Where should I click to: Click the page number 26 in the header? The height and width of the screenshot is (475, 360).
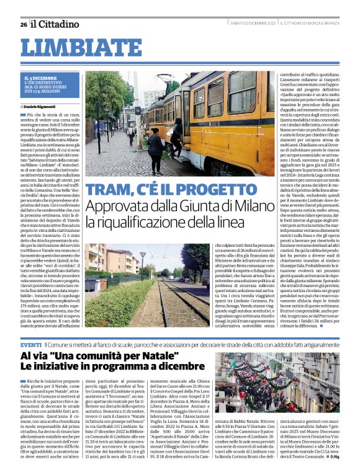point(24,24)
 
